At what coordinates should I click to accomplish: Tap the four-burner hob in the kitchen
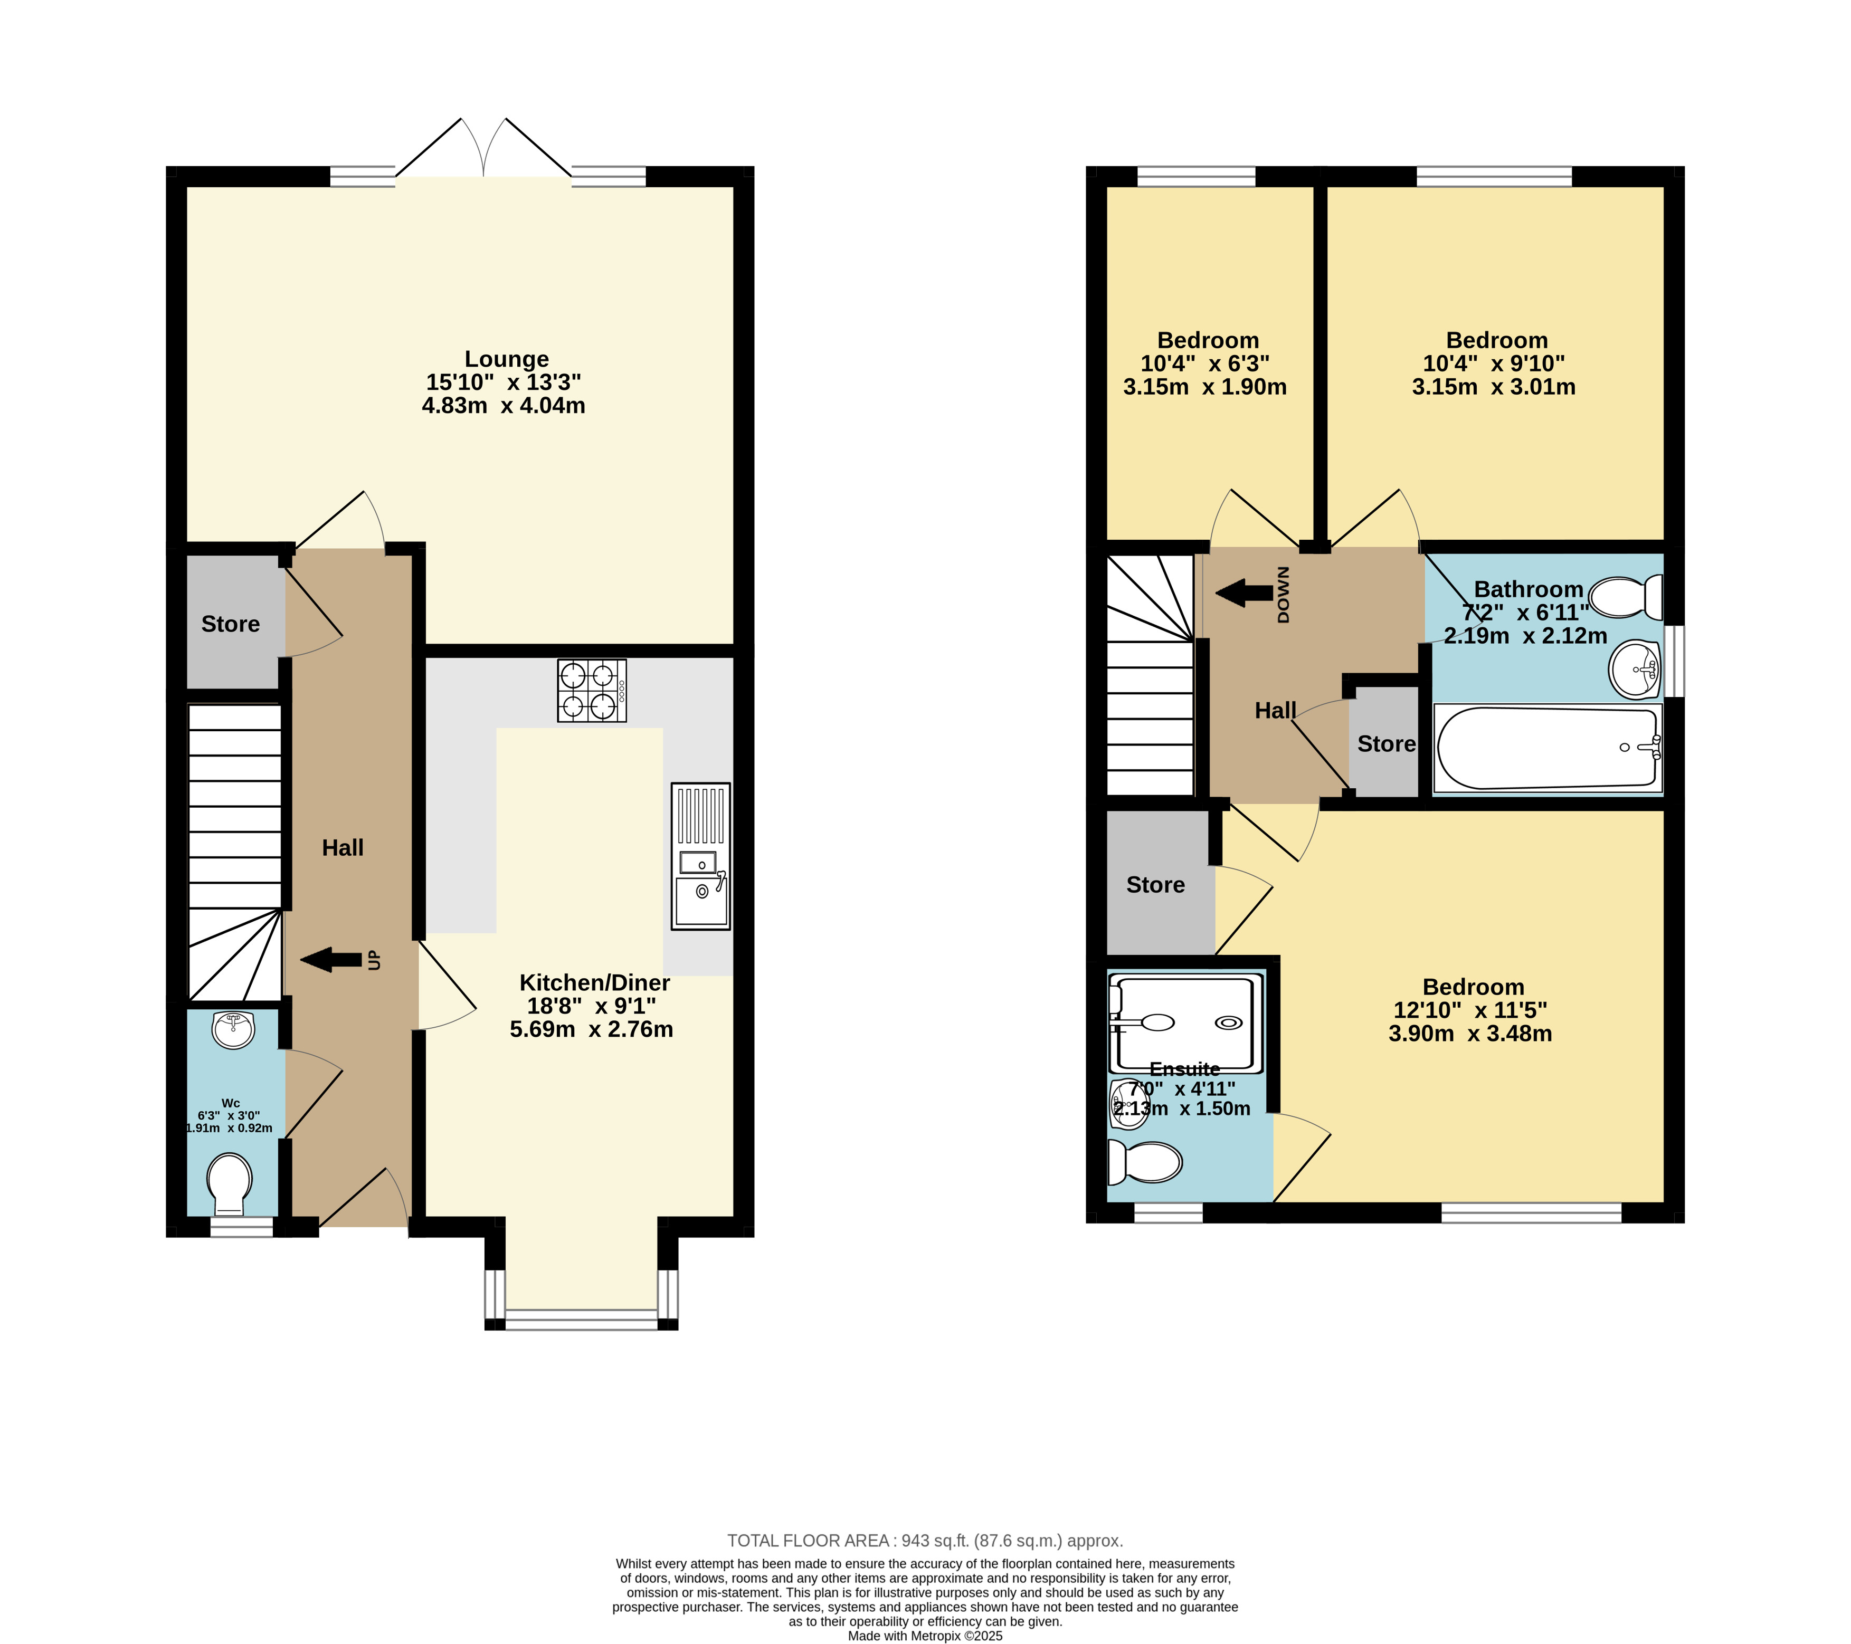(x=591, y=690)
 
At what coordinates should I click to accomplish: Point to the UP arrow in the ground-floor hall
(x=330, y=960)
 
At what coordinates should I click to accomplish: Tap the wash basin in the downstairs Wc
(x=234, y=1029)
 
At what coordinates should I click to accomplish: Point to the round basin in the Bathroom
(x=1636, y=670)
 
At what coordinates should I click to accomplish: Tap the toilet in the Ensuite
(x=1145, y=1161)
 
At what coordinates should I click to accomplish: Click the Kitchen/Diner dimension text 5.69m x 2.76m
(x=591, y=1029)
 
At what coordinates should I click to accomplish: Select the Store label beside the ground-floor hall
(x=230, y=624)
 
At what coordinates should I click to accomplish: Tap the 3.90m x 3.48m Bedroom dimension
(x=1470, y=1034)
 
